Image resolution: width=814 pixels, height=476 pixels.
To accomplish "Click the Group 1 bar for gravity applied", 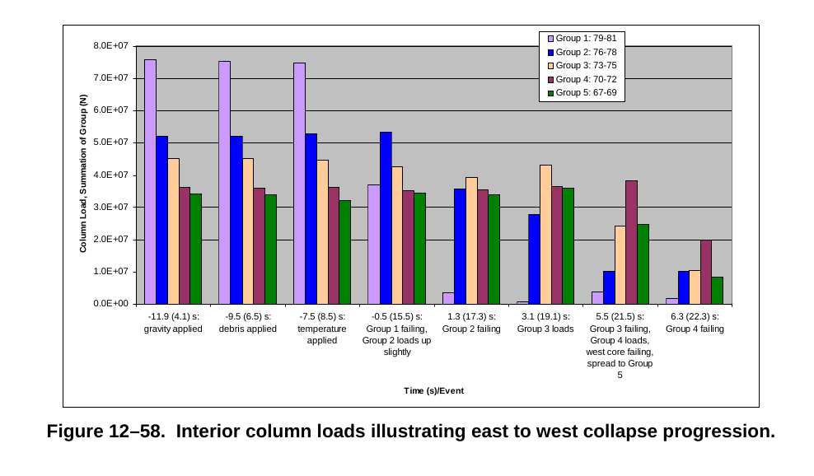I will click(150, 181).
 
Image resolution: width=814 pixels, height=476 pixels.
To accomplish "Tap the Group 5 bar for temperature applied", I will click(344, 252).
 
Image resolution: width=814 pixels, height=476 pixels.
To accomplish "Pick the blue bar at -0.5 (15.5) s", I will click(386, 217).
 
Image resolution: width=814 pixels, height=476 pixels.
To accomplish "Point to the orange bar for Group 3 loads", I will click(545, 234).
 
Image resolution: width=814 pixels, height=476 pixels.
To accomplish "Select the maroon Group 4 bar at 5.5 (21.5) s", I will click(631, 242).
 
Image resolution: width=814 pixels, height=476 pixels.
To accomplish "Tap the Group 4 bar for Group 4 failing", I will click(706, 272).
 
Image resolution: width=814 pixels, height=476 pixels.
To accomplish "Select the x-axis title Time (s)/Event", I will click(433, 390).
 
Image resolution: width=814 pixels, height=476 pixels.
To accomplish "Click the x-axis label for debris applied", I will click(247, 323).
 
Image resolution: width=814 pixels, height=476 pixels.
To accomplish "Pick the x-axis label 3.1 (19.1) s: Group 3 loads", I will click(545, 323).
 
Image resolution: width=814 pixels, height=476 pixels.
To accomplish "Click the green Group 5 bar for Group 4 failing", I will click(718, 290).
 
